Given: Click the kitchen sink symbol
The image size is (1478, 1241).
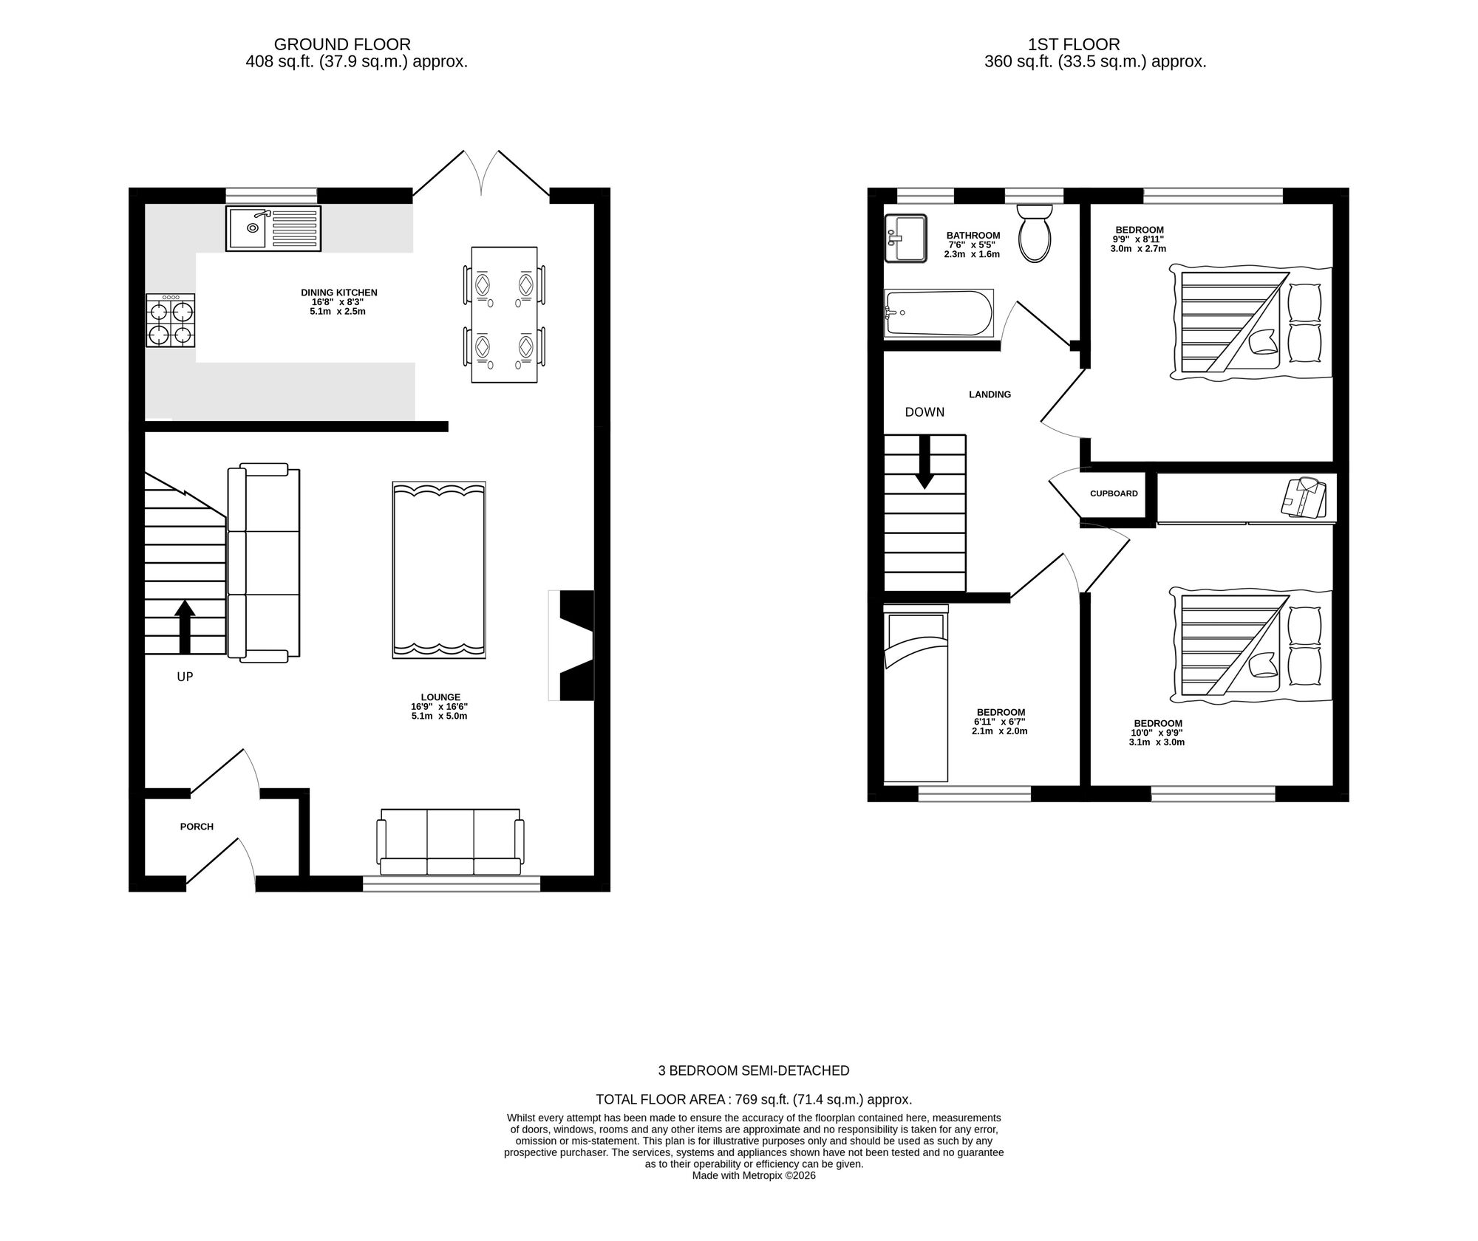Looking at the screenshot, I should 273,229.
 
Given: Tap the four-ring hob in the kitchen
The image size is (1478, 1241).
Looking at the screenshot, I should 171,321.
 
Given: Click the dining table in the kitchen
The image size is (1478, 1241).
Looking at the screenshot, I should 504,315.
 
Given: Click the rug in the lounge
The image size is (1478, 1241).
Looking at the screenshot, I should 439,570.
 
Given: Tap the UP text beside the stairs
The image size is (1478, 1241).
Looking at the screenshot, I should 185,677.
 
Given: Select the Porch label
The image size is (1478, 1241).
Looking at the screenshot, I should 197,827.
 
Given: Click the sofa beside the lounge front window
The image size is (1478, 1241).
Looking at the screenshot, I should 450,842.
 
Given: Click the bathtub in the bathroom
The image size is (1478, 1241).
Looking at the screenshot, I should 939,313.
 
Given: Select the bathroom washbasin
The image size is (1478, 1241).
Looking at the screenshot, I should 905,238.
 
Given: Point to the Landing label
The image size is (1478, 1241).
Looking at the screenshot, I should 990,394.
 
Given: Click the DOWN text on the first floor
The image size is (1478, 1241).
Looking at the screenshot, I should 924,412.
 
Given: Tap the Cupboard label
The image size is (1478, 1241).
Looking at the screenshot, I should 1114,493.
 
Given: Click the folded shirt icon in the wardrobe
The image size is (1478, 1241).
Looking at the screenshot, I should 1304,497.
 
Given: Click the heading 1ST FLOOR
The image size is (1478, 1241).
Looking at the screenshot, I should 1074,45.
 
